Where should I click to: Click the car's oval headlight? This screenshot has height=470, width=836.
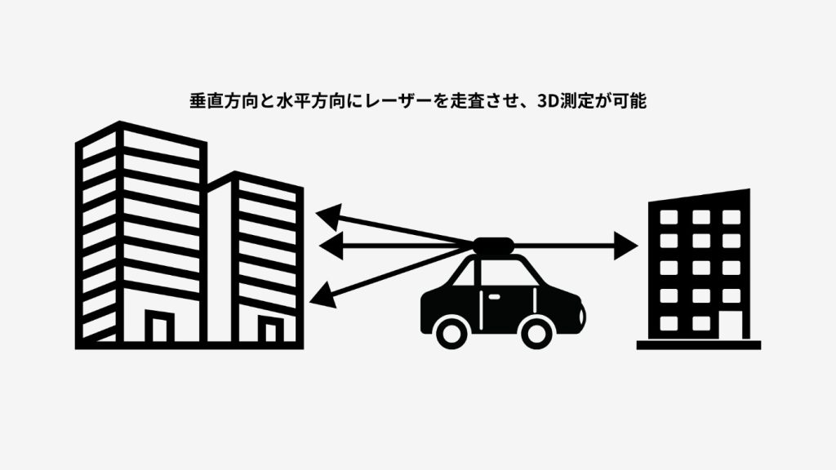click(x=578, y=312)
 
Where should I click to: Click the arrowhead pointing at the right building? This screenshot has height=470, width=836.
click(x=627, y=244)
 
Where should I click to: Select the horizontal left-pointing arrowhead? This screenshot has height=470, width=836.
click(x=329, y=244)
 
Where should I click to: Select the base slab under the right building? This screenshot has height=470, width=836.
click(x=699, y=344)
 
